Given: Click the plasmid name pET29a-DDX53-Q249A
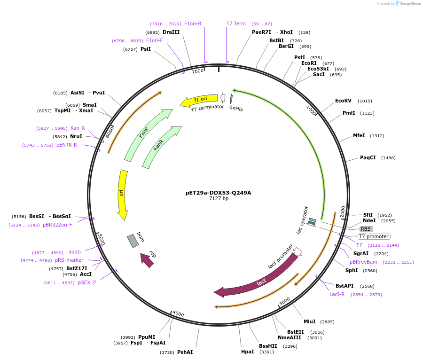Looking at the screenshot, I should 219,193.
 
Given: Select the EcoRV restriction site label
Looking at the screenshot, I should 343,101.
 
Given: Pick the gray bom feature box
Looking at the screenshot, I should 133,241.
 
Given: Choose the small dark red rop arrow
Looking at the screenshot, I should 147,259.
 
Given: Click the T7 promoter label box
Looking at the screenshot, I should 374,237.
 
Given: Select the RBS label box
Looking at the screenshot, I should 366,229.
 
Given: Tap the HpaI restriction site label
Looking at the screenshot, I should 247,352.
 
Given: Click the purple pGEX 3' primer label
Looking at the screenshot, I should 87,283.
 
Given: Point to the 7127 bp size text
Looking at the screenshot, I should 219,199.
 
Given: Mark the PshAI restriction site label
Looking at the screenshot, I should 185,352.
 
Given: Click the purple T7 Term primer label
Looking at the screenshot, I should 236,24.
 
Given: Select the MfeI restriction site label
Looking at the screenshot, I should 359,136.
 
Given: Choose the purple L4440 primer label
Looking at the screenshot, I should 73,253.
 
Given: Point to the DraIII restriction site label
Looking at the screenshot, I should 171,32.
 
